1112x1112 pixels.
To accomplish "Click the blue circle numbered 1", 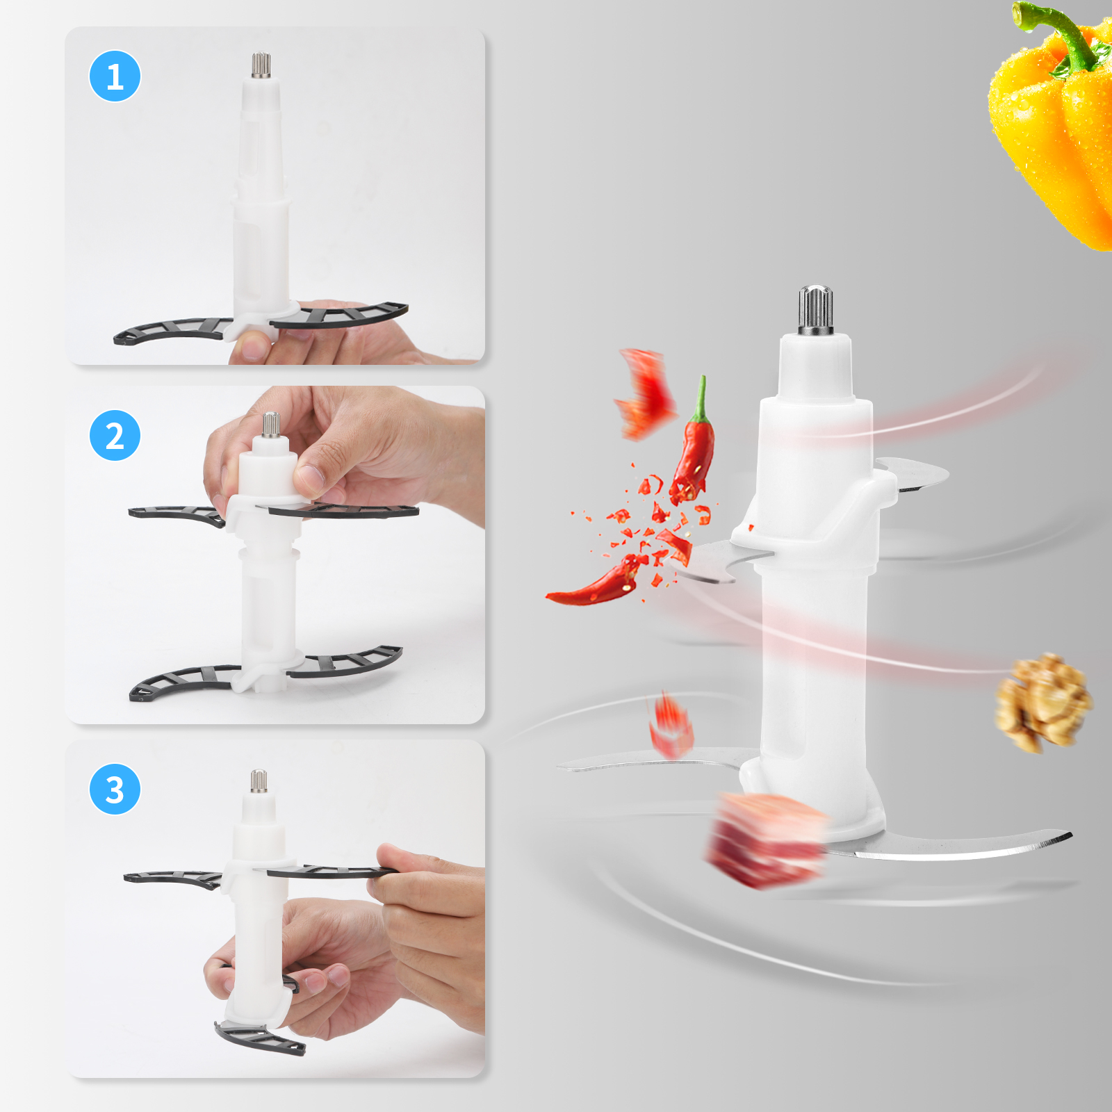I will click(x=115, y=76).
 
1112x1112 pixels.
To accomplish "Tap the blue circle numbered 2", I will click(x=115, y=436).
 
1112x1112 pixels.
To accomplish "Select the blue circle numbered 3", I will click(x=115, y=790).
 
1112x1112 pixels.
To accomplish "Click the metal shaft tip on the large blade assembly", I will click(x=815, y=309).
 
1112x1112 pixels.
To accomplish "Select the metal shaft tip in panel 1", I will click(x=261, y=65).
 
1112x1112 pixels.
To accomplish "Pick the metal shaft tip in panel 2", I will click(x=271, y=424).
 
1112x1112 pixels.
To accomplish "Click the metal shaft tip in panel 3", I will click(x=259, y=780).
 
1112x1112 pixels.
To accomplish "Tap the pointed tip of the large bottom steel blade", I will click(x=1067, y=835).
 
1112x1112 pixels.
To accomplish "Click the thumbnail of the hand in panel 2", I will click(x=309, y=476).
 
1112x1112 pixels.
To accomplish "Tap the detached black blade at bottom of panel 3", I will click(x=261, y=1039).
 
